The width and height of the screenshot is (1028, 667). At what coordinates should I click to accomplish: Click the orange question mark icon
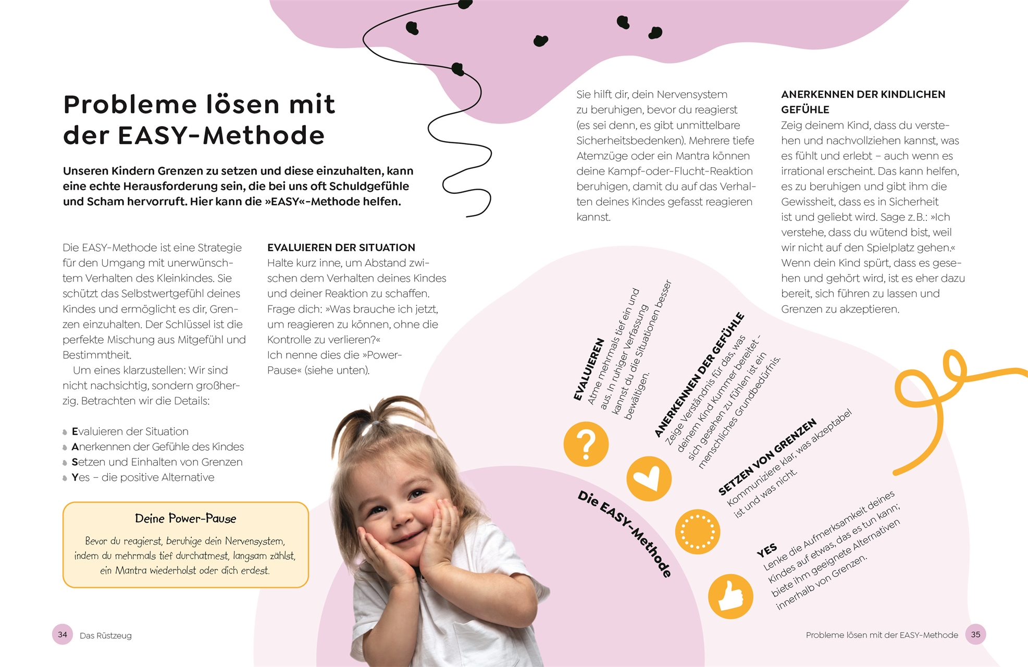tap(586, 444)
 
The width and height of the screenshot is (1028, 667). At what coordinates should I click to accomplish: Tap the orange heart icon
tap(649, 478)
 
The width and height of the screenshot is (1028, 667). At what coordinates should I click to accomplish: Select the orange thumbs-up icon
tap(730, 596)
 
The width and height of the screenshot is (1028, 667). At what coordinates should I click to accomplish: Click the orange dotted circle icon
tap(698, 532)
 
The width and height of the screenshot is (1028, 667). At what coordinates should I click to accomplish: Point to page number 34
tap(63, 634)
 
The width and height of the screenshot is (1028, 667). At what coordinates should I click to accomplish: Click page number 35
tap(975, 634)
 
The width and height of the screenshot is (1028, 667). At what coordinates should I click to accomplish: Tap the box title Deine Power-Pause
tap(185, 518)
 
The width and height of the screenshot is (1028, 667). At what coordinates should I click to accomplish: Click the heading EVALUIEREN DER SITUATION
tap(341, 248)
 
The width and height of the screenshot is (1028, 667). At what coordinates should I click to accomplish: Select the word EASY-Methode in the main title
tap(221, 135)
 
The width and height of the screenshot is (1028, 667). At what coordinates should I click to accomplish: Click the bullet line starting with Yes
tap(143, 477)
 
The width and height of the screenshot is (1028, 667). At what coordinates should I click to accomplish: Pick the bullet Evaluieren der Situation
tap(130, 431)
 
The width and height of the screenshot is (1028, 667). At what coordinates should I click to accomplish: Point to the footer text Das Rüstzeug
tap(106, 636)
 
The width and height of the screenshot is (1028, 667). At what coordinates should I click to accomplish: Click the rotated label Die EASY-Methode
tap(625, 534)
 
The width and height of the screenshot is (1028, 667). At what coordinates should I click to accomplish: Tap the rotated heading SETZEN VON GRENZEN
tap(767, 457)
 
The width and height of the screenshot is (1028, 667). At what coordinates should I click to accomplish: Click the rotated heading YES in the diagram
tap(766, 550)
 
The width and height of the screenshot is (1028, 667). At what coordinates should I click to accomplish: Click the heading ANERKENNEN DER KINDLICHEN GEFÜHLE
tap(863, 102)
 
